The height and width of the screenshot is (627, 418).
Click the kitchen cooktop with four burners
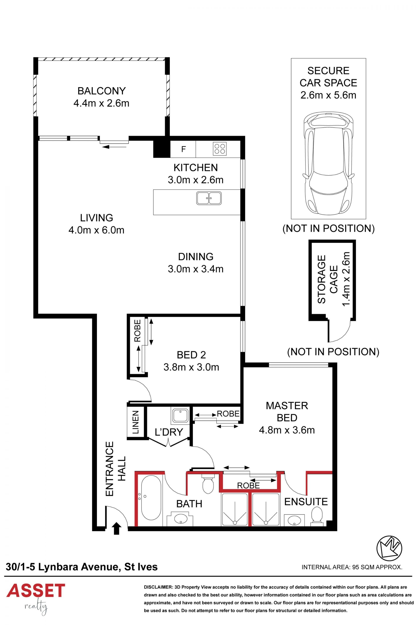point(220,148)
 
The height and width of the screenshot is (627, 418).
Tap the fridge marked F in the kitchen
point(183,149)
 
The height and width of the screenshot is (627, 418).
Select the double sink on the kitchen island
point(209,198)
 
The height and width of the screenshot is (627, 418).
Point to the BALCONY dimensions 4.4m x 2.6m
point(101,103)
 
